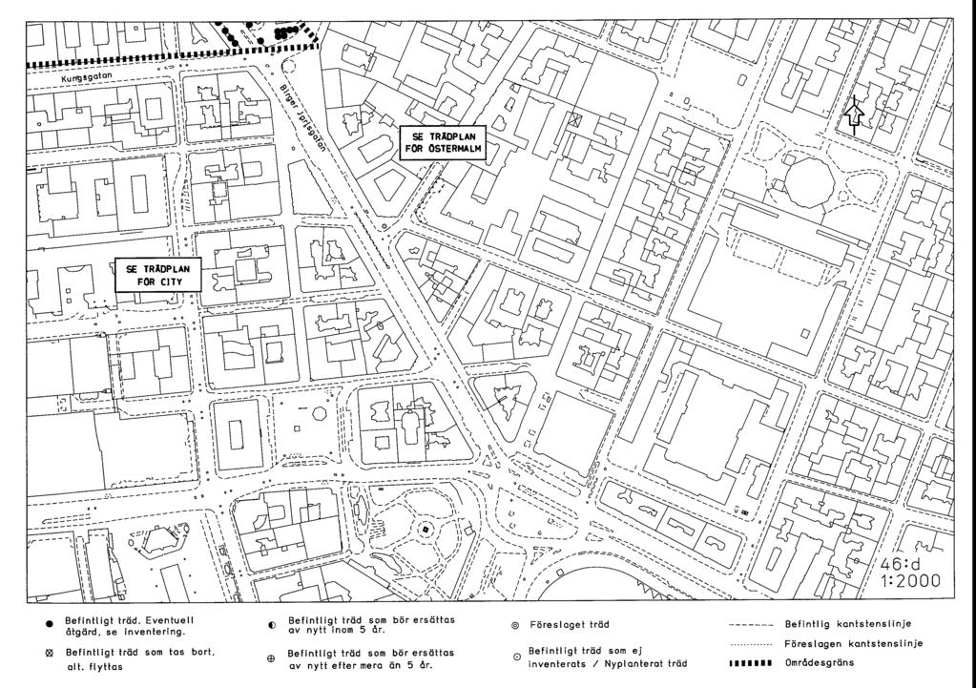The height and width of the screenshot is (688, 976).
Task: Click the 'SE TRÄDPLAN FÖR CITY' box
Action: [158, 275]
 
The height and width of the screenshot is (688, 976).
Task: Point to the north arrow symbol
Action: [855, 115]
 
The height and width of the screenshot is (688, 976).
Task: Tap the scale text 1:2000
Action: [910, 581]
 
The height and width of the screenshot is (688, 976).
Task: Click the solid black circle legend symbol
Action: [50, 624]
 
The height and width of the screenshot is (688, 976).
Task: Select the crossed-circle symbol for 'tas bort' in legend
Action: [50, 653]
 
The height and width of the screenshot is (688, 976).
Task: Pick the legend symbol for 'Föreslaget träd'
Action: [515, 624]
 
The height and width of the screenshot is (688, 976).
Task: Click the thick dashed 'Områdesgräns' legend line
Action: [751, 662]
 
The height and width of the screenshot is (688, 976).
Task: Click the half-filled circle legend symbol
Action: [272, 625]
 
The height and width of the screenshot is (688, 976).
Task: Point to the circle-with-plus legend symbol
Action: [271, 658]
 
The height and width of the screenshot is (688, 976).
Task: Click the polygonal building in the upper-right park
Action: [810, 182]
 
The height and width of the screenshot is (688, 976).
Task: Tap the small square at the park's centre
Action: [426, 530]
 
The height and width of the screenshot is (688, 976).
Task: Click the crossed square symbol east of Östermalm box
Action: [577, 119]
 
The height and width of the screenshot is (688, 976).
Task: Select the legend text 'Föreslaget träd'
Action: [570, 624]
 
